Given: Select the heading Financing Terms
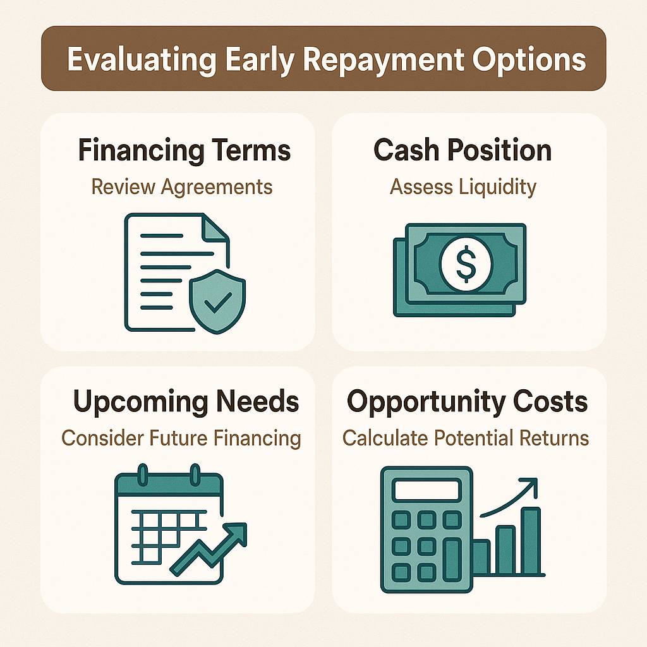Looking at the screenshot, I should (184, 151).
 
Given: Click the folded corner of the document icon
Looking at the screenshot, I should (217, 228).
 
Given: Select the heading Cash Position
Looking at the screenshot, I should (463, 150).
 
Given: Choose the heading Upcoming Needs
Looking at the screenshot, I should (186, 402).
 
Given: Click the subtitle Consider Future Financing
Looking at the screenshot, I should (181, 437).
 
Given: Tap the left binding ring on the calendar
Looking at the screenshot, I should (143, 475).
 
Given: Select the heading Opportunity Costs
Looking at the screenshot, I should (468, 402).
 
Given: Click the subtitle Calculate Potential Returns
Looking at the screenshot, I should (466, 437).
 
